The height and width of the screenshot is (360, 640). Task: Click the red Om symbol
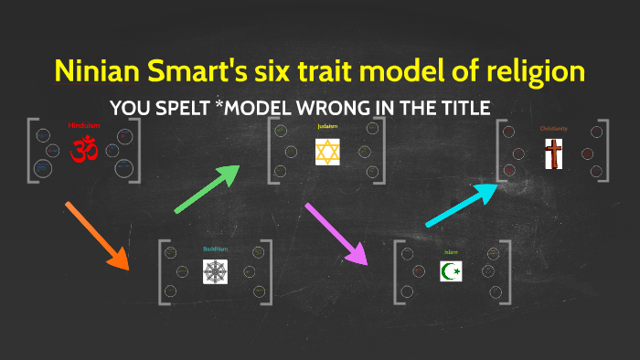click(84, 149)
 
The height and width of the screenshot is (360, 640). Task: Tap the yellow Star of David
click(327, 151)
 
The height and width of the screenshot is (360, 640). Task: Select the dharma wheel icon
click(216, 270)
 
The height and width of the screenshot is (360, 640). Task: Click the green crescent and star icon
click(451, 271)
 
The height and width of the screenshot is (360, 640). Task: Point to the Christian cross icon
click(553, 153)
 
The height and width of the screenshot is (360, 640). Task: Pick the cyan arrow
click(463, 204)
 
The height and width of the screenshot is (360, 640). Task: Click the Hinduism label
click(82, 125)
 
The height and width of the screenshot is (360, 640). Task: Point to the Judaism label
click(327, 126)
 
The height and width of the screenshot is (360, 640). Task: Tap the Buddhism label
click(215, 248)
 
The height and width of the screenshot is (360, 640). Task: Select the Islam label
click(451, 250)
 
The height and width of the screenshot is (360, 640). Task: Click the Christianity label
click(553, 129)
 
